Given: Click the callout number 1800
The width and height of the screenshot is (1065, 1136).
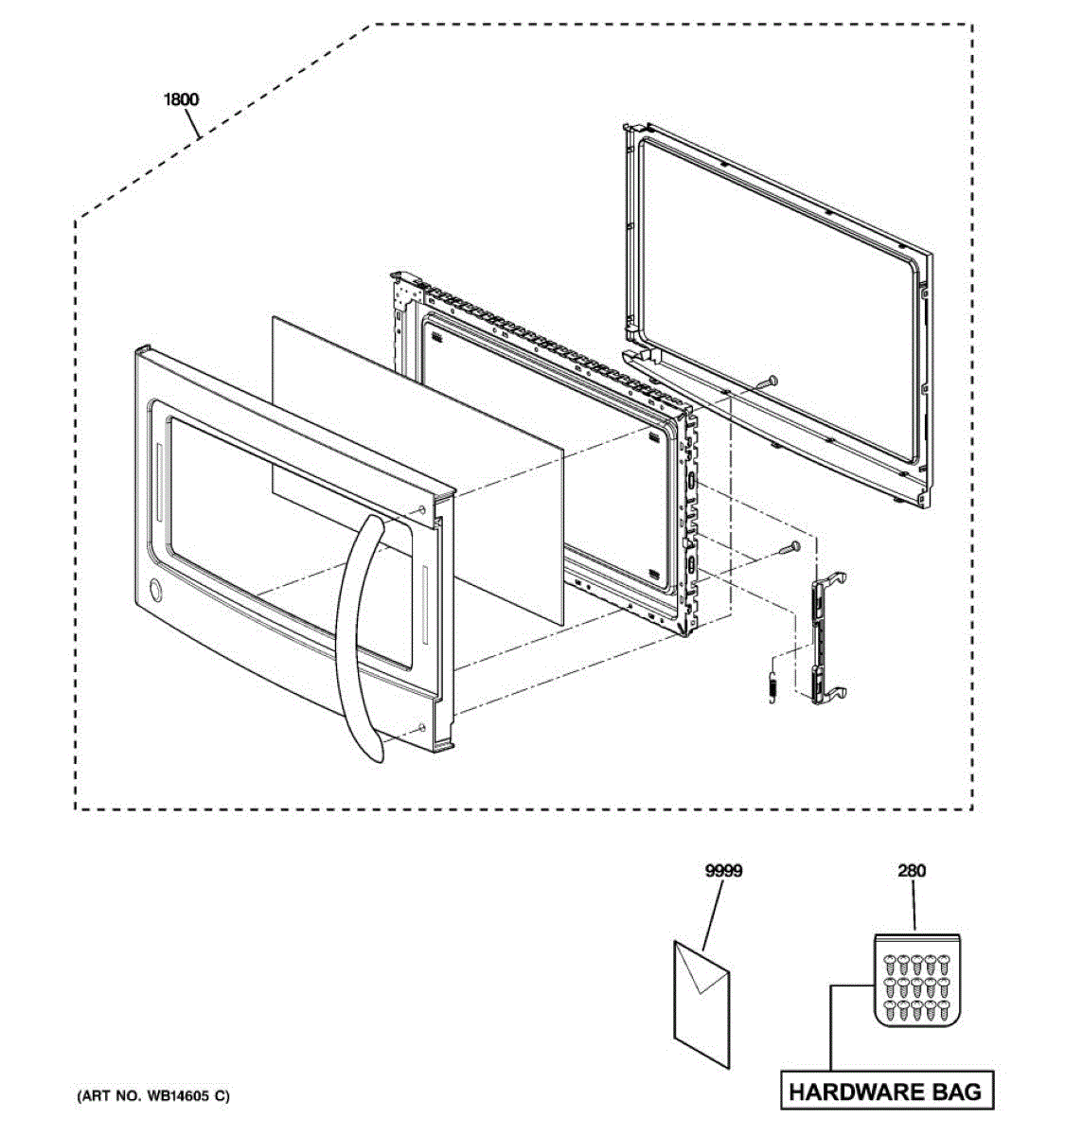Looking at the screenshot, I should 183,99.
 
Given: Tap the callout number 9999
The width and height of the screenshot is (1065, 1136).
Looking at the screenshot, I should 723,871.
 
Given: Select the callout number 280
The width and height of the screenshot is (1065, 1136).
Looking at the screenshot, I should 912,871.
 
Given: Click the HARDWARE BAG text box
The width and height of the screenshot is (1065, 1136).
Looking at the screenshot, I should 885,1091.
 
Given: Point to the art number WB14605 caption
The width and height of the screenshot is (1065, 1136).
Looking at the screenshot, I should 152,1096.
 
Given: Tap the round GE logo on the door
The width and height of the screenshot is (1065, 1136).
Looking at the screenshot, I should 152,591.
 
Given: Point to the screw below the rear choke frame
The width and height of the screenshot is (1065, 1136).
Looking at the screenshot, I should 766,381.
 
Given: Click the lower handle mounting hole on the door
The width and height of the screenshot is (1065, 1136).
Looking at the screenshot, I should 417,728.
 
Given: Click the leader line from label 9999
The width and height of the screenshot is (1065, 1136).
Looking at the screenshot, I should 716,914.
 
